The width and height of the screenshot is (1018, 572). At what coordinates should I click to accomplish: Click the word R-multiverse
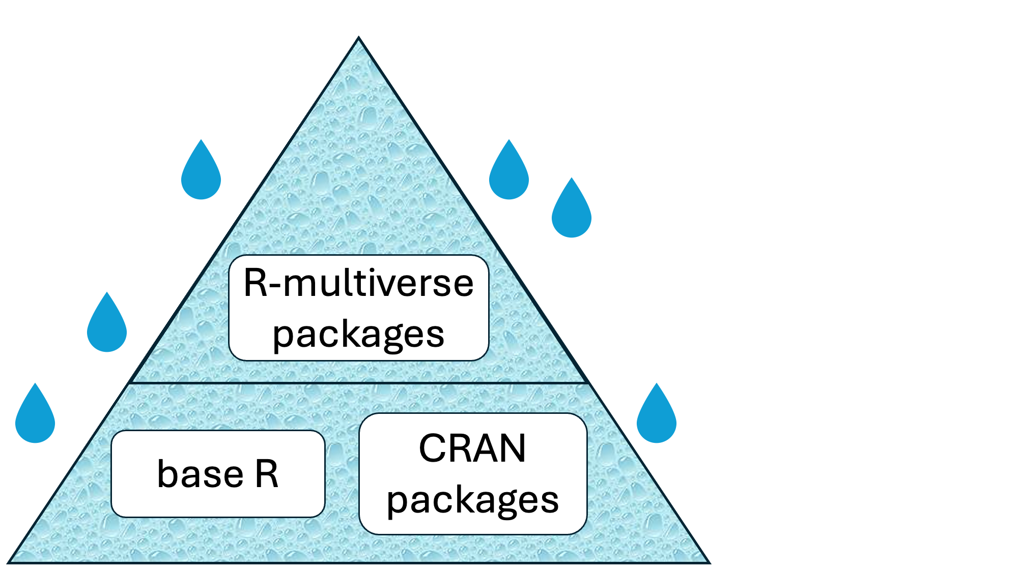[359, 283]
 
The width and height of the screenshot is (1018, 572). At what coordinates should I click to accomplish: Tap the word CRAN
[472, 448]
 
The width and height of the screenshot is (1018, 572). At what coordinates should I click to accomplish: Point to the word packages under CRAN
[472, 500]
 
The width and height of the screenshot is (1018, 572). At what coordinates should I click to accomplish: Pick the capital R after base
[267, 474]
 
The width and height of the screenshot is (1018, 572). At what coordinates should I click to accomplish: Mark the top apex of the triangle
[359, 38]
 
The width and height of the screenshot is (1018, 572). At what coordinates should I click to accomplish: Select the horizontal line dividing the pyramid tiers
[359, 383]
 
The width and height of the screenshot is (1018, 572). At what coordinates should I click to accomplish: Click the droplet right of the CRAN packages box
[657, 417]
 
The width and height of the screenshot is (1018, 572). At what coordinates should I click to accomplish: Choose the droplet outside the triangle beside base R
[35, 417]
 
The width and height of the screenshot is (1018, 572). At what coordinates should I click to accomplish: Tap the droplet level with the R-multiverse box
[107, 325]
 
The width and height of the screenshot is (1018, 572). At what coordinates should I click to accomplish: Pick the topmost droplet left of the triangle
[201, 173]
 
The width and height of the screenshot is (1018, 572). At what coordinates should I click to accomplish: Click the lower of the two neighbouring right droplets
[572, 211]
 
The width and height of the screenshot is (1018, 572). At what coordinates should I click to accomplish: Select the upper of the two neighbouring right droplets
[509, 173]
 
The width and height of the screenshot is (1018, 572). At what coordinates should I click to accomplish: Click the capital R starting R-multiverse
[256, 283]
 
